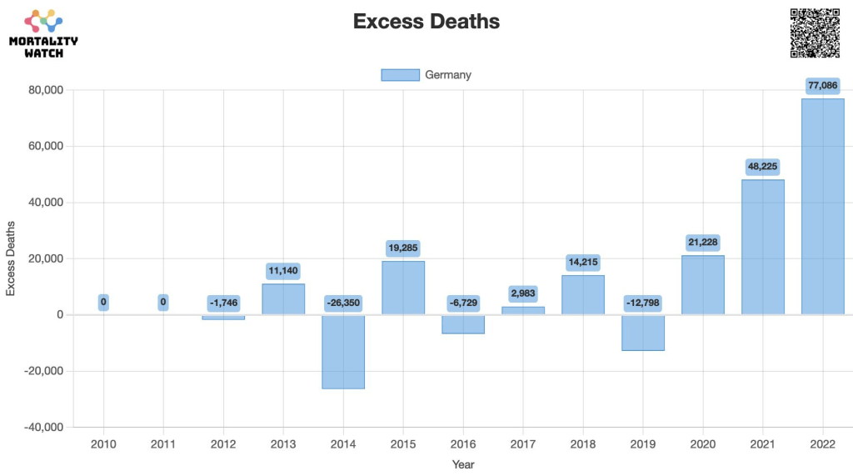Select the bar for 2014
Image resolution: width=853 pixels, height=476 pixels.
coord(343,351)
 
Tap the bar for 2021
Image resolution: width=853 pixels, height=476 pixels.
coord(762,247)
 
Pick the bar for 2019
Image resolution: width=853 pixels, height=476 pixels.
coord(642,333)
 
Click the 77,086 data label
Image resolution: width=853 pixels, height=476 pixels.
coord(822,85)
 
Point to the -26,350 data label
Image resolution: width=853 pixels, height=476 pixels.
coord(343,303)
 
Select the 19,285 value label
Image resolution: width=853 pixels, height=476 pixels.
coord(403,248)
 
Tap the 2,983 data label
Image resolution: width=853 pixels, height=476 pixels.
coord(523,293)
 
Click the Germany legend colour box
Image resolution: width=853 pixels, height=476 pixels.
coord(400,75)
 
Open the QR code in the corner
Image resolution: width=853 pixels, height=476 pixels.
coord(814,33)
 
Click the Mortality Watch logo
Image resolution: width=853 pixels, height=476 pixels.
coord(43,33)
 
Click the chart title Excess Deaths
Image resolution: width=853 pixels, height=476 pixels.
coord(426,22)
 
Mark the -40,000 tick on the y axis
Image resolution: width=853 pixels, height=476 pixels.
coord(45,427)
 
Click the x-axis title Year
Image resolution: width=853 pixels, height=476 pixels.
coord(463,463)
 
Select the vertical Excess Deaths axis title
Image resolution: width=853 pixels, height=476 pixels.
coord(12,258)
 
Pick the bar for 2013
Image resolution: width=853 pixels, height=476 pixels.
coord(283,299)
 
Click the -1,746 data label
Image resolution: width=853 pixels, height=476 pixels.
coord(223,303)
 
